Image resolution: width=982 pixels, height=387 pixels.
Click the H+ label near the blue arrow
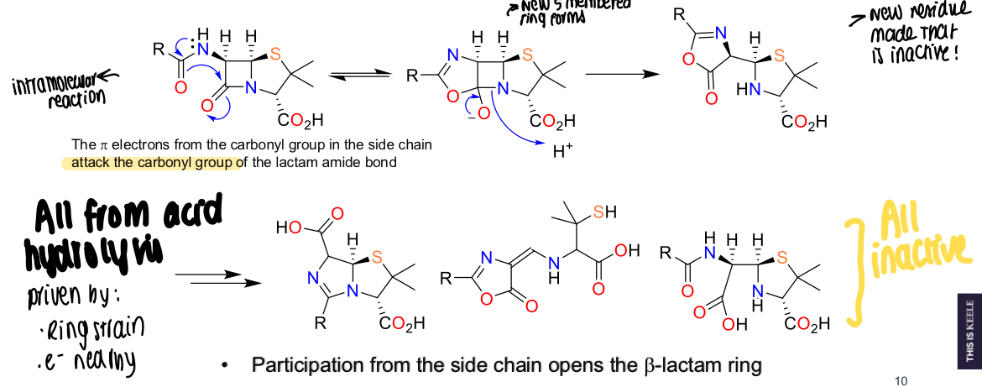562,153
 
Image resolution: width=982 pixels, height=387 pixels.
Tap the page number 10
901,381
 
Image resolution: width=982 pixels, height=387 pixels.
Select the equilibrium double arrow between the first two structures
360,76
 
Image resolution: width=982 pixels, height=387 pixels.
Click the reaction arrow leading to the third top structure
621,74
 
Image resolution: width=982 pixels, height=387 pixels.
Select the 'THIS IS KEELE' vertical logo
969,332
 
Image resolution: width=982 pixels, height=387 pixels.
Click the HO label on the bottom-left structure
289,227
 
